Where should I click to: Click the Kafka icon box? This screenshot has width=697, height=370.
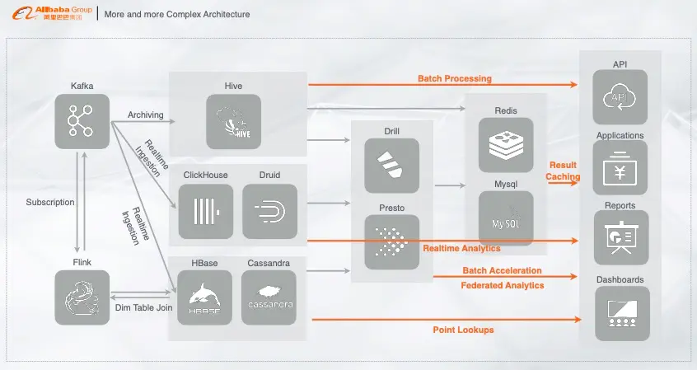[82, 121]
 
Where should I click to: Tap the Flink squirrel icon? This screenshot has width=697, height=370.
[82, 297]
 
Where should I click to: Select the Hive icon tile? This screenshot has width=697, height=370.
[233, 121]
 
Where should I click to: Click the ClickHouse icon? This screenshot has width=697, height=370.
[206, 211]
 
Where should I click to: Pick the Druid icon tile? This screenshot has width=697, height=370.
[270, 211]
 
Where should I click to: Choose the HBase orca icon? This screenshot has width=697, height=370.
[204, 297]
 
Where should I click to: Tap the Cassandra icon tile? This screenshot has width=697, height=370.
[269, 297]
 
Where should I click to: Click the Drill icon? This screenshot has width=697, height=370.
[391, 166]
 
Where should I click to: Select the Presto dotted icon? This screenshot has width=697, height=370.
[391, 242]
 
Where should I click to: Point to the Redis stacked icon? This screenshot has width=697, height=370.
[506, 144]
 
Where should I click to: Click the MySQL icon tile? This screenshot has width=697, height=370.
[506, 218]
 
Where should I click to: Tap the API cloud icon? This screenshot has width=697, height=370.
[620, 97]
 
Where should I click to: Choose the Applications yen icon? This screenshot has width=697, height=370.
[620, 167]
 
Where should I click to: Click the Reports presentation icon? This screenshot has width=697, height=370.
[621, 237]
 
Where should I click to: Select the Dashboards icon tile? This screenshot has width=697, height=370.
[622, 313]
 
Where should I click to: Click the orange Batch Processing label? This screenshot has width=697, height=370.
[455, 78]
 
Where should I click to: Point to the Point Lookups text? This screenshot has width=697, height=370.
[463, 330]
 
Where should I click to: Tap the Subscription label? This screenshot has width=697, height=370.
[50, 202]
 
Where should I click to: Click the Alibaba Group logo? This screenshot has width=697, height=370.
[53, 13]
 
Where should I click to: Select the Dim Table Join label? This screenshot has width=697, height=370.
[143, 307]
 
